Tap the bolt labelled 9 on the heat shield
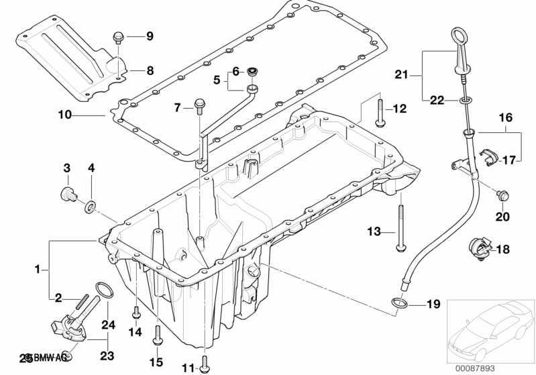119,37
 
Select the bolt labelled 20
501,196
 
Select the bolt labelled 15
157,335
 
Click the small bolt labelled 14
136,313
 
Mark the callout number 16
505,117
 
